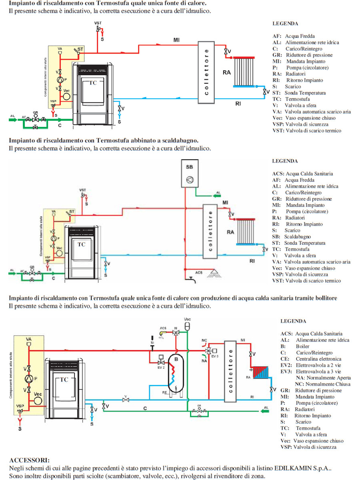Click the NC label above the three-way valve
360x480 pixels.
pos(204,340)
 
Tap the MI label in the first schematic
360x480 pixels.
pos(176,40)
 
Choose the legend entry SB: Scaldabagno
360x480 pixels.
pos(294,237)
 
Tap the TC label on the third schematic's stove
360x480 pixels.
pos(64,380)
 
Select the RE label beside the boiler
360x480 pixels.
pos(164,393)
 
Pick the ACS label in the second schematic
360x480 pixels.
pos(199,272)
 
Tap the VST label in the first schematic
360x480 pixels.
pos(98,24)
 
